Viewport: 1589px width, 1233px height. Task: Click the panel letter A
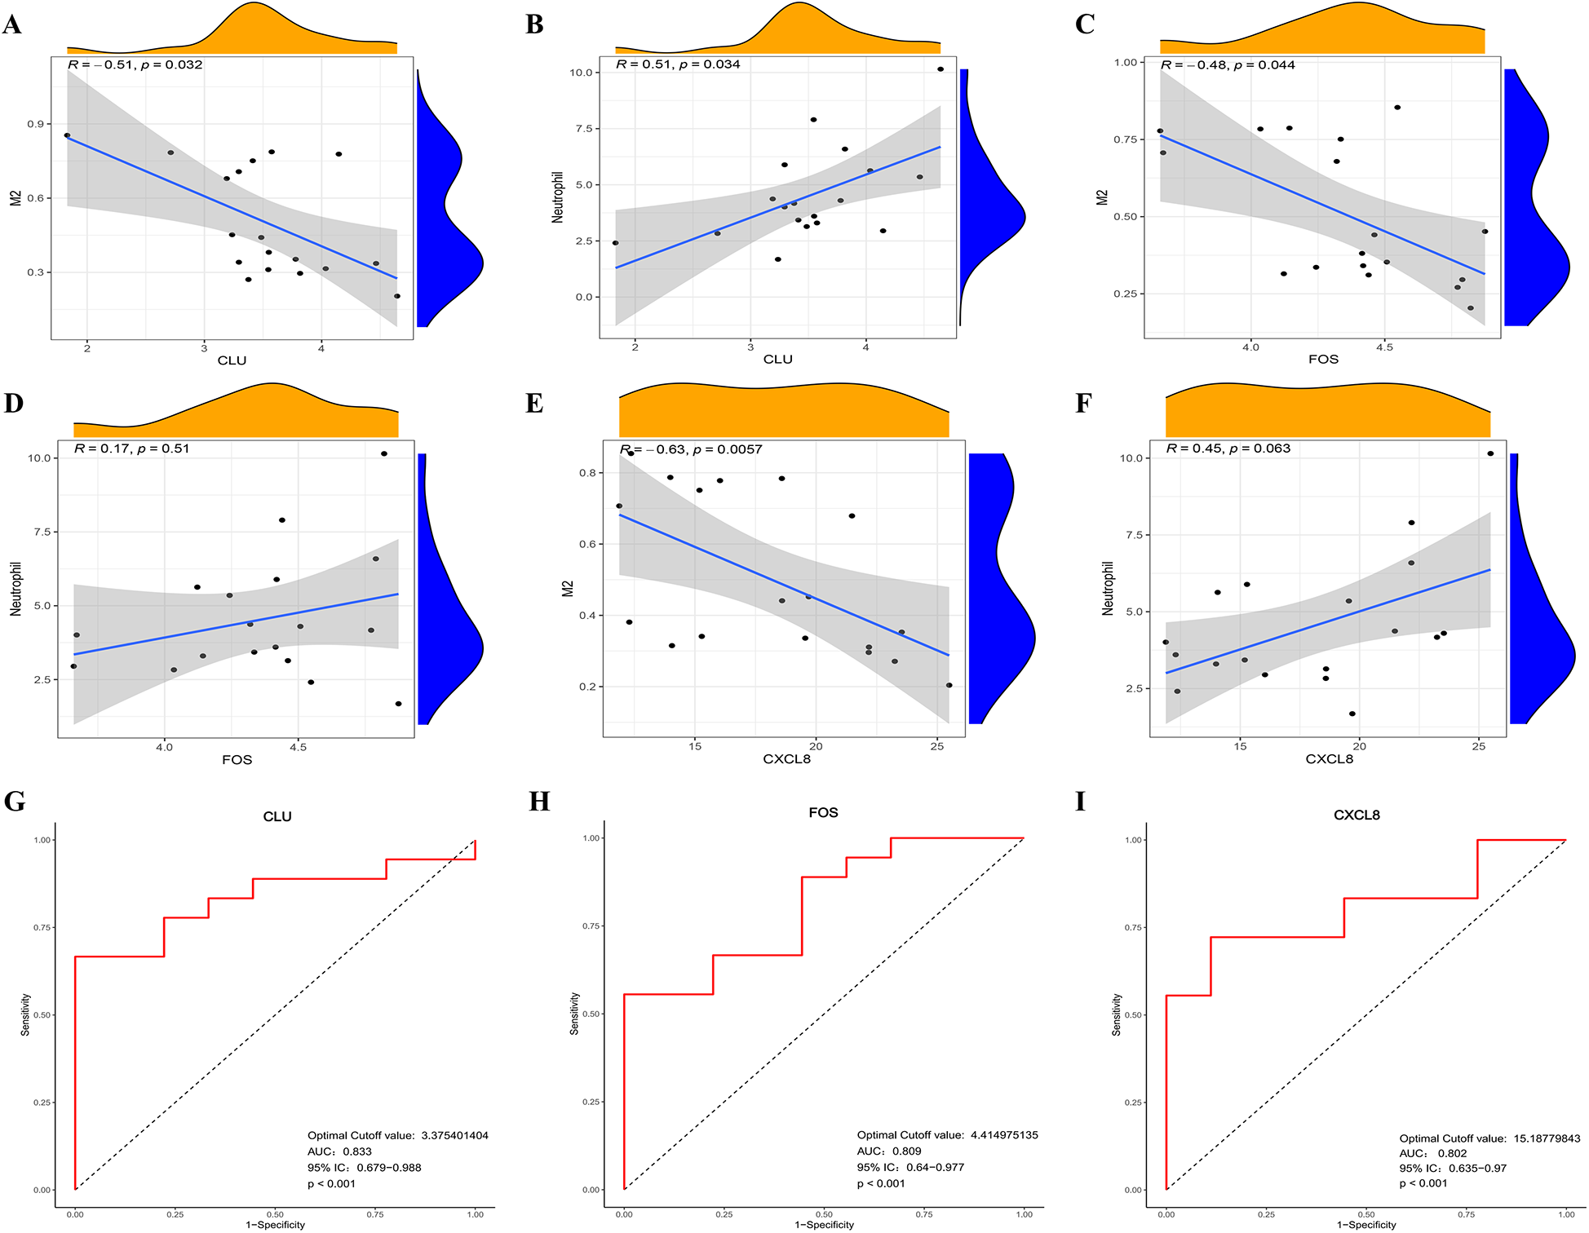pyautogui.click(x=12, y=24)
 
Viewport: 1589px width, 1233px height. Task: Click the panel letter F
pyautogui.click(x=1083, y=403)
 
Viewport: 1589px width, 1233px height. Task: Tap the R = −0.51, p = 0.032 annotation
pyautogui.click(x=135, y=64)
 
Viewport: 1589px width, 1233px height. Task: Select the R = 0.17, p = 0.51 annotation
pyautogui.click(x=131, y=449)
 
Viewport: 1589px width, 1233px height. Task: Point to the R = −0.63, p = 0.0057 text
pyautogui.click(x=691, y=449)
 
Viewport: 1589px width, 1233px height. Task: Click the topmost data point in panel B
pyautogui.click(x=941, y=69)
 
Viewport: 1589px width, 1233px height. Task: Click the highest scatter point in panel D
pyautogui.click(x=384, y=453)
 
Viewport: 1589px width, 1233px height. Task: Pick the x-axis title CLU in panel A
pyautogui.click(x=232, y=360)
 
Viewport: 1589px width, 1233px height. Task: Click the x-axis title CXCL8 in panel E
pyautogui.click(x=786, y=759)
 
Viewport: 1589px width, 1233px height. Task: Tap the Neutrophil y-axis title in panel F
pyautogui.click(x=1108, y=588)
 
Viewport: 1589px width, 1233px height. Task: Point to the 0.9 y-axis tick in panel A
pyautogui.click(x=35, y=124)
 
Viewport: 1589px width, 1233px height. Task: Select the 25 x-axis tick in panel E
pyautogui.click(x=937, y=746)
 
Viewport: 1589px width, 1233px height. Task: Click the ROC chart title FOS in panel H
pyautogui.click(x=823, y=812)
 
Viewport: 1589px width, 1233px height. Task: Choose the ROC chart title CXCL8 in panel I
pyautogui.click(x=1357, y=815)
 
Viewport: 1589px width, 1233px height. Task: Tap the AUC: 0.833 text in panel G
pyautogui.click(x=339, y=1151)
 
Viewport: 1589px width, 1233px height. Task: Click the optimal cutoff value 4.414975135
pyautogui.click(x=1003, y=1135)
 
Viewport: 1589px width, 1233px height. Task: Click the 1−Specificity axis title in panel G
pyautogui.click(x=275, y=1225)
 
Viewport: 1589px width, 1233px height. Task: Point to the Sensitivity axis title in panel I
pyautogui.click(x=1116, y=1014)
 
